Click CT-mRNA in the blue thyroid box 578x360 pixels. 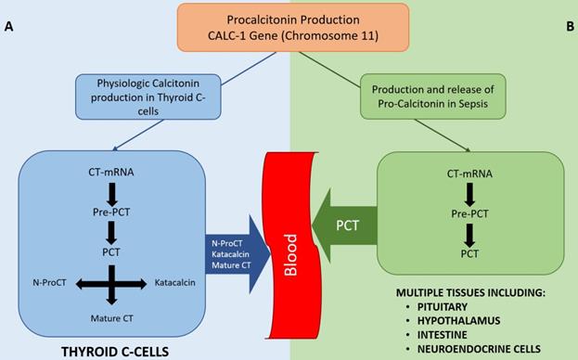[110, 172]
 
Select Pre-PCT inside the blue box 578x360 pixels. [110, 212]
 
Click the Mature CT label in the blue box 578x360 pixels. [111, 317]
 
